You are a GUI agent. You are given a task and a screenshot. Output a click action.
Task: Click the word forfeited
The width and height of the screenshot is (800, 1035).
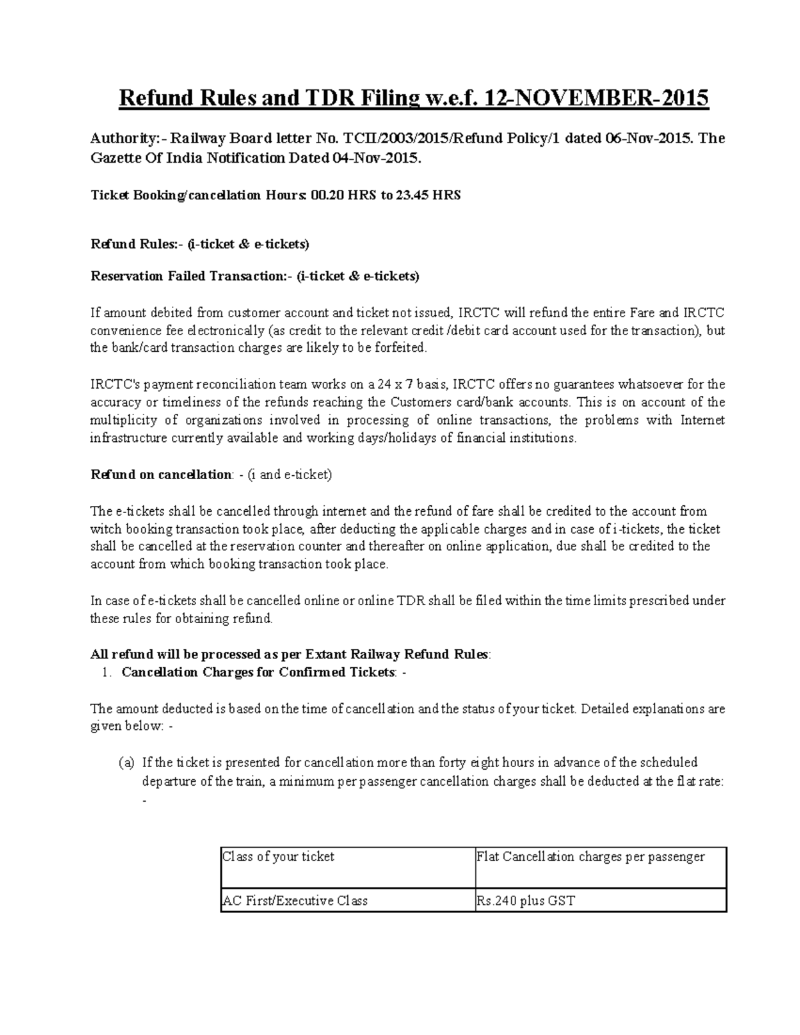[x=396, y=348]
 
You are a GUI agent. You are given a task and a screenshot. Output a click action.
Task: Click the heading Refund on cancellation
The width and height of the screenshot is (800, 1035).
[x=161, y=475]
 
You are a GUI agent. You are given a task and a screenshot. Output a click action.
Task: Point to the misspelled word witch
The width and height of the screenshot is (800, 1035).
[x=105, y=529]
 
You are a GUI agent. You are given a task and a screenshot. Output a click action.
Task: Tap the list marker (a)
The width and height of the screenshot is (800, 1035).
[x=127, y=763]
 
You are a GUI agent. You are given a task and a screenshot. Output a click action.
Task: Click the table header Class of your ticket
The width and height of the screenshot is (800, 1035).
[x=279, y=857]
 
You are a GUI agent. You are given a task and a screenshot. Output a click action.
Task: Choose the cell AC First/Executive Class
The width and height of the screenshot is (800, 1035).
[x=295, y=901]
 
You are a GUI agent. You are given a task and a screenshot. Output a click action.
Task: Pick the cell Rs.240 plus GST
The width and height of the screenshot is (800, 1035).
[x=526, y=901]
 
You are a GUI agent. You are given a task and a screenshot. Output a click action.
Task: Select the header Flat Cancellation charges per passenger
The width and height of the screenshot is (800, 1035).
[x=591, y=857]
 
